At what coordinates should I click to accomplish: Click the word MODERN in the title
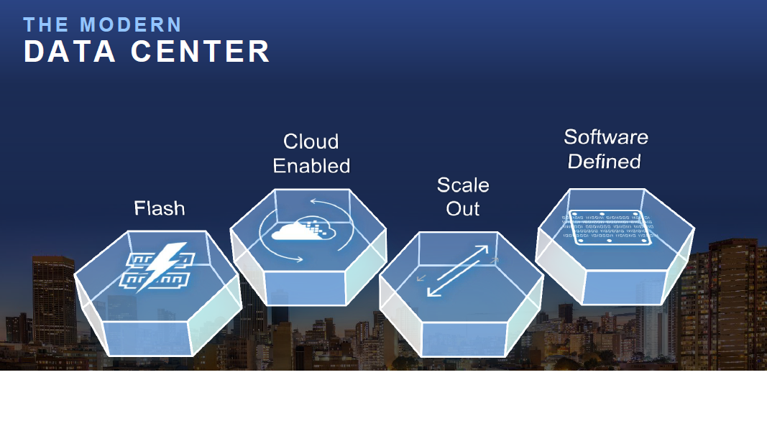131,25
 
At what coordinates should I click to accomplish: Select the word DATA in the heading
70,51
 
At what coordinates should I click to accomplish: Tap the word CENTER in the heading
200,51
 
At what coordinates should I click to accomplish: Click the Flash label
160,208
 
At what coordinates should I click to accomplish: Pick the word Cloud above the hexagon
311,142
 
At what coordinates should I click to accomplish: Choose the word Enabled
311,166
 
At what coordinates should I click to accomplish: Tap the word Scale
463,185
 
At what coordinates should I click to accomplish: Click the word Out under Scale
463,208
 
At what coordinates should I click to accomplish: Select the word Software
606,136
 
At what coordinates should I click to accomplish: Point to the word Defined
604,161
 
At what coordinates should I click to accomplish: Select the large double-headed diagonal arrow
458,271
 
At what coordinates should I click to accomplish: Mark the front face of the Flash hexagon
147,338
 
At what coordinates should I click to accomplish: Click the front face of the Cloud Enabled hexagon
305,288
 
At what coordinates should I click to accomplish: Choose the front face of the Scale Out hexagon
463,339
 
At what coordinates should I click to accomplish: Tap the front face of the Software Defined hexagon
623,287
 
